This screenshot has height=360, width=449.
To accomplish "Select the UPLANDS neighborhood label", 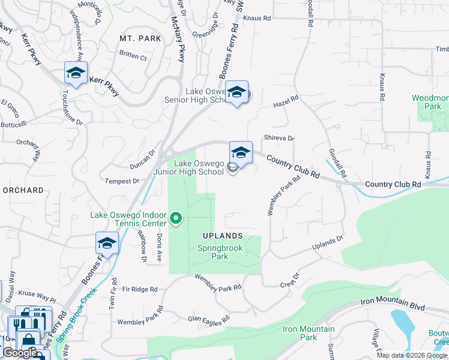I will [x=222, y=236].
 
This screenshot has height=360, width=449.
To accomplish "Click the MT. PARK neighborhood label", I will [x=140, y=38].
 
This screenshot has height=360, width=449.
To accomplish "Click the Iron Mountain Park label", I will [x=308, y=333].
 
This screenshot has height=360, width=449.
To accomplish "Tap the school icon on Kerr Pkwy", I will [x=76, y=74].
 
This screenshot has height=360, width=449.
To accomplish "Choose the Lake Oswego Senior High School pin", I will [x=237, y=92].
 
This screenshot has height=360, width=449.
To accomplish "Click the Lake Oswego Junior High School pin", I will [x=241, y=154].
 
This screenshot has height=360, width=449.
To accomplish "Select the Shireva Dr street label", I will [x=279, y=138].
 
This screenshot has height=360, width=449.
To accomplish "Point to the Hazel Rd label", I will [x=286, y=102].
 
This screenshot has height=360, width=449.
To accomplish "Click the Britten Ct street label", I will [x=133, y=57].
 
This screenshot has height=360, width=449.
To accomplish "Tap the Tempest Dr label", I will [x=122, y=181].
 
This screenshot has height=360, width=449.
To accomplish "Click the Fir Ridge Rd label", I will [x=139, y=289].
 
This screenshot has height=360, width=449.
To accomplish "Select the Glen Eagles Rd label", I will [x=208, y=319].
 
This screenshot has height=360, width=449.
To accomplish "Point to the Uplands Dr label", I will [x=327, y=244].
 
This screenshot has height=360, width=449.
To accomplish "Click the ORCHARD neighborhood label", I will [x=23, y=190].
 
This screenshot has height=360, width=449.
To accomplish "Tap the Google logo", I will [x=19, y=353].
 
